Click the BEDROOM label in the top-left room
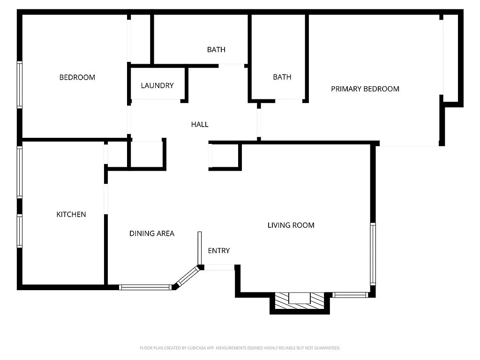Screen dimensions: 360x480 click(x=77, y=77)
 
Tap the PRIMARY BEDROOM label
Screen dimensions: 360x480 click(x=365, y=89)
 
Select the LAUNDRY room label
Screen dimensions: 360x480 click(x=157, y=85)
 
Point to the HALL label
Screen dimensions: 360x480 click(x=199, y=124)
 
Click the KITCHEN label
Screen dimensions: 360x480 click(x=71, y=214)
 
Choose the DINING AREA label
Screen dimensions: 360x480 click(x=151, y=233)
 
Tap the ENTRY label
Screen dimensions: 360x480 click(x=218, y=250)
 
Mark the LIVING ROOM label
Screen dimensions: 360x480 click(x=291, y=225)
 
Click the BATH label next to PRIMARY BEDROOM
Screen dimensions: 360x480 click(x=282, y=77)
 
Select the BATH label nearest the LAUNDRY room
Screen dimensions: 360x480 click(x=216, y=49)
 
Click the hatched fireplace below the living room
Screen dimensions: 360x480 click(x=299, y=300)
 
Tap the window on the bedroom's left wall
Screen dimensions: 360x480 click(x=20, y=85)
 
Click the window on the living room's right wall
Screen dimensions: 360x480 click(x=373, y=254)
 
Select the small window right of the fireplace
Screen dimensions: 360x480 click(x=350, y=295)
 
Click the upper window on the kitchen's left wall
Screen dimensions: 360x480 click(x=20, y=172)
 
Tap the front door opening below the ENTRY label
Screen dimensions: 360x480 click(x=219, y=267)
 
